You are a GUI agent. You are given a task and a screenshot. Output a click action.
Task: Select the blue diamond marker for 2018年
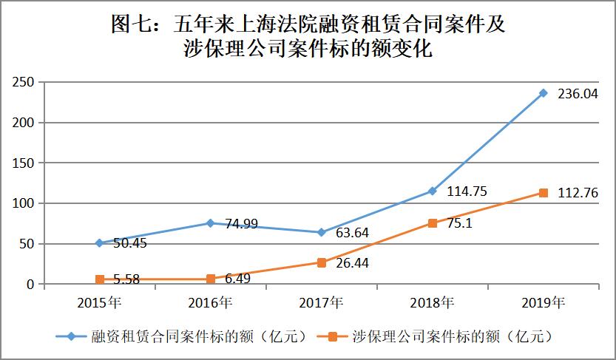(x=433, y=191)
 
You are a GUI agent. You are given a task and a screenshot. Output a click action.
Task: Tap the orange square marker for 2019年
(x=544, y=193)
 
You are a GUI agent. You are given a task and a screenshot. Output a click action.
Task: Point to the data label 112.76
(x=578, y=194)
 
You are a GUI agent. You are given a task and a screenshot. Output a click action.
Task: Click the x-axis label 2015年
(x=100, y=302)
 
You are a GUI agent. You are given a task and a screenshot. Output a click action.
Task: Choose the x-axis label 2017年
(x=322, y=302)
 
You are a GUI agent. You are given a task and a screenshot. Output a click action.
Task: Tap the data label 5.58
(x=129, y=279)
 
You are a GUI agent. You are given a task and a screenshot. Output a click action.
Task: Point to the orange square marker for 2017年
(x=322, y=262)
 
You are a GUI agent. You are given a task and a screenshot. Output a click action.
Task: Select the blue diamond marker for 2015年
(x=100, y=242)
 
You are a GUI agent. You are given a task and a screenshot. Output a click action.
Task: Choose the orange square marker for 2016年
(x=211, y=279)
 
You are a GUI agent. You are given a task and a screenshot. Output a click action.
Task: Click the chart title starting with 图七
(x=308, y=35)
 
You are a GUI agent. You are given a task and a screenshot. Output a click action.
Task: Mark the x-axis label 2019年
(x=544, y=302)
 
